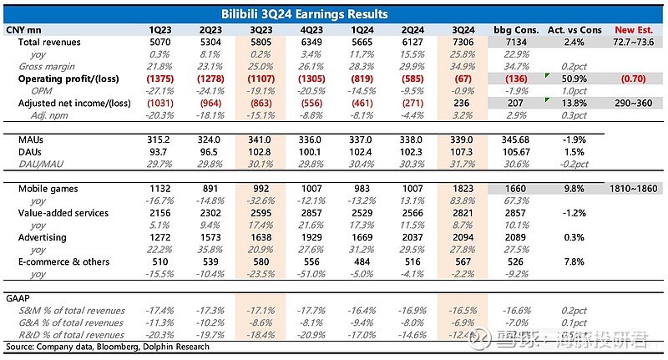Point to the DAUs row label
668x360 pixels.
coord(30,151)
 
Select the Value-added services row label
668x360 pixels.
coord(63,214)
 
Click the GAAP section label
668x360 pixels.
coord(18,298)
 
